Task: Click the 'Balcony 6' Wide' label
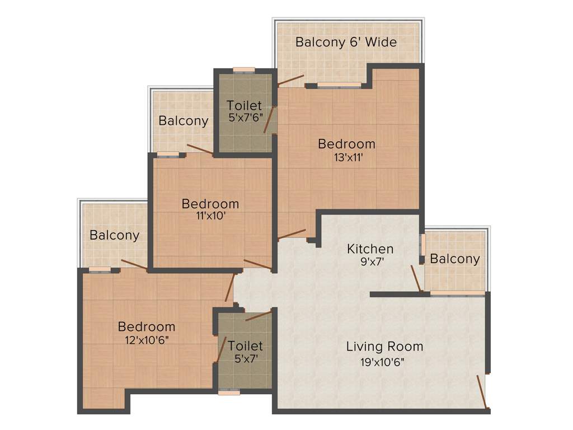(x=346, y=42)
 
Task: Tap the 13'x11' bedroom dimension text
(x=346, y=157)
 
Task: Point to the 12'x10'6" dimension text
(x=147, y=339)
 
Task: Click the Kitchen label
(x=370, y=249)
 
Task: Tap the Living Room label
(x=384, y=346)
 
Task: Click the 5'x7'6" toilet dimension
(x=245, y=118)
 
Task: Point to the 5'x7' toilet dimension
(x=245, y=359)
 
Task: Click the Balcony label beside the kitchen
(x=455, y=259)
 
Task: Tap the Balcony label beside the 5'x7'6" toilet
(x=183, y=120)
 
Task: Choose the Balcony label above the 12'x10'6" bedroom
(x=114, y=235)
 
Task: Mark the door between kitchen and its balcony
(x=416, y=278)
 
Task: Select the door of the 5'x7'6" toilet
(x=269, y=120)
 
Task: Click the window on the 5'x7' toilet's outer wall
(x=229, y=392)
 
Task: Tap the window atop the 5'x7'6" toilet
(x=244, y=70)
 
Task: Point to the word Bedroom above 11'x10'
(x=210, y=204)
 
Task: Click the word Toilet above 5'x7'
(x=245, y=346)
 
